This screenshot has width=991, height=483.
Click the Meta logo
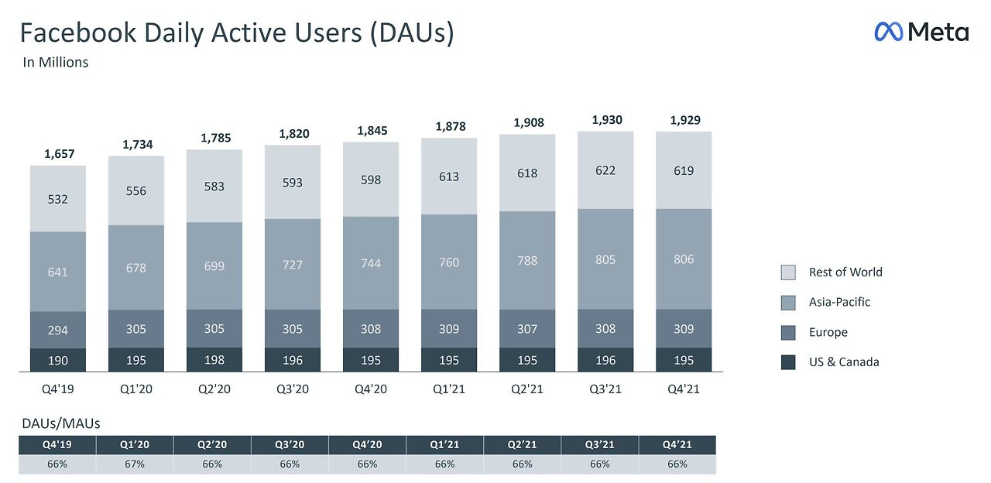[x=921, y=32]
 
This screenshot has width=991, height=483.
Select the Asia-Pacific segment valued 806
[x=683, y=259]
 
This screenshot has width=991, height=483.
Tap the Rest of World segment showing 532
[x=57, y=199]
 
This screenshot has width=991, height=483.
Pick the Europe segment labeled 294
[x=57, y=330]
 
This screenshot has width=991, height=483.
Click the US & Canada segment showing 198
[x=214, y=360]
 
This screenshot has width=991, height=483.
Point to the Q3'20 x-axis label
[x=292, y=389]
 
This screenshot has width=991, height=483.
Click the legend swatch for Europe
[x=788, y=332]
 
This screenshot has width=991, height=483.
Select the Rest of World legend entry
[x=845, y=272]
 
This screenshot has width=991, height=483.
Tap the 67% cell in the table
[x=135, y=464]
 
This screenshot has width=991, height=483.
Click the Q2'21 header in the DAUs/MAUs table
[x=522, y=445]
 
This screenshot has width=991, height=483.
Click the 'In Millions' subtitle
[x=55, y=63]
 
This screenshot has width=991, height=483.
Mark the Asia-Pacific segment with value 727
[x=292, y=264]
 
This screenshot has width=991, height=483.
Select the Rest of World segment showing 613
[x=448, y=176]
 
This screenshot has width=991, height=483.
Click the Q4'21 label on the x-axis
[x=683, y=389]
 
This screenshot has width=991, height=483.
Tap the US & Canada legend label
[x=843, y=361]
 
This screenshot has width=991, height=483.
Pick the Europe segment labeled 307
[x=526, y=329]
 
